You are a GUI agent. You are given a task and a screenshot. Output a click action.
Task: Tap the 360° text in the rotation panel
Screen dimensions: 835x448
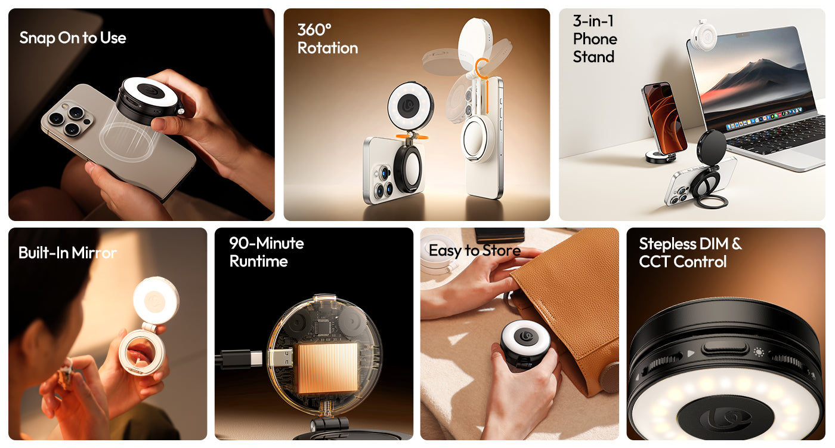coord(314,30)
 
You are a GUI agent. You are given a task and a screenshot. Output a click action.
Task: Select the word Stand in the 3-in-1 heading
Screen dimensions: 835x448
coord(593,57)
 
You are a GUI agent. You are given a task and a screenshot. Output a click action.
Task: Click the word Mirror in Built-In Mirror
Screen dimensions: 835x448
coord(94,253)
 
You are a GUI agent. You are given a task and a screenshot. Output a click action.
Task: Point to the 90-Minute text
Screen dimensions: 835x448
coord(267,244)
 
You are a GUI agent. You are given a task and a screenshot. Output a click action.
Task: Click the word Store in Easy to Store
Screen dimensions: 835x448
coord(502,250)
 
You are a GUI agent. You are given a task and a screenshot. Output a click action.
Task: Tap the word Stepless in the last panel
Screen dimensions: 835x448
coord(667,244)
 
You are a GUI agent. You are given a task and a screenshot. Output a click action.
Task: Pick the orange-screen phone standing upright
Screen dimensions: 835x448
coord(664,118)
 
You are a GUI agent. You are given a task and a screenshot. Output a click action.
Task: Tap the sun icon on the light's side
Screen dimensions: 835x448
coord(759,352)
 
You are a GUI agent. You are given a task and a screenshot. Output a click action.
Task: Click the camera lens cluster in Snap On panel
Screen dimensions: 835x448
coord(67,118)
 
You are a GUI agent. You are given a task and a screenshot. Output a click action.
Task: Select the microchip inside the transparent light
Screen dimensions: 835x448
coord(322,326)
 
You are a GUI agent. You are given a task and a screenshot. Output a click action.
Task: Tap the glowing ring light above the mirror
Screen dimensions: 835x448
coord(156,300)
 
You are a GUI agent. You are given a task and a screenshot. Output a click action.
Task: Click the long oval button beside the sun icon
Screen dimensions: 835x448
coord(724,348)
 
